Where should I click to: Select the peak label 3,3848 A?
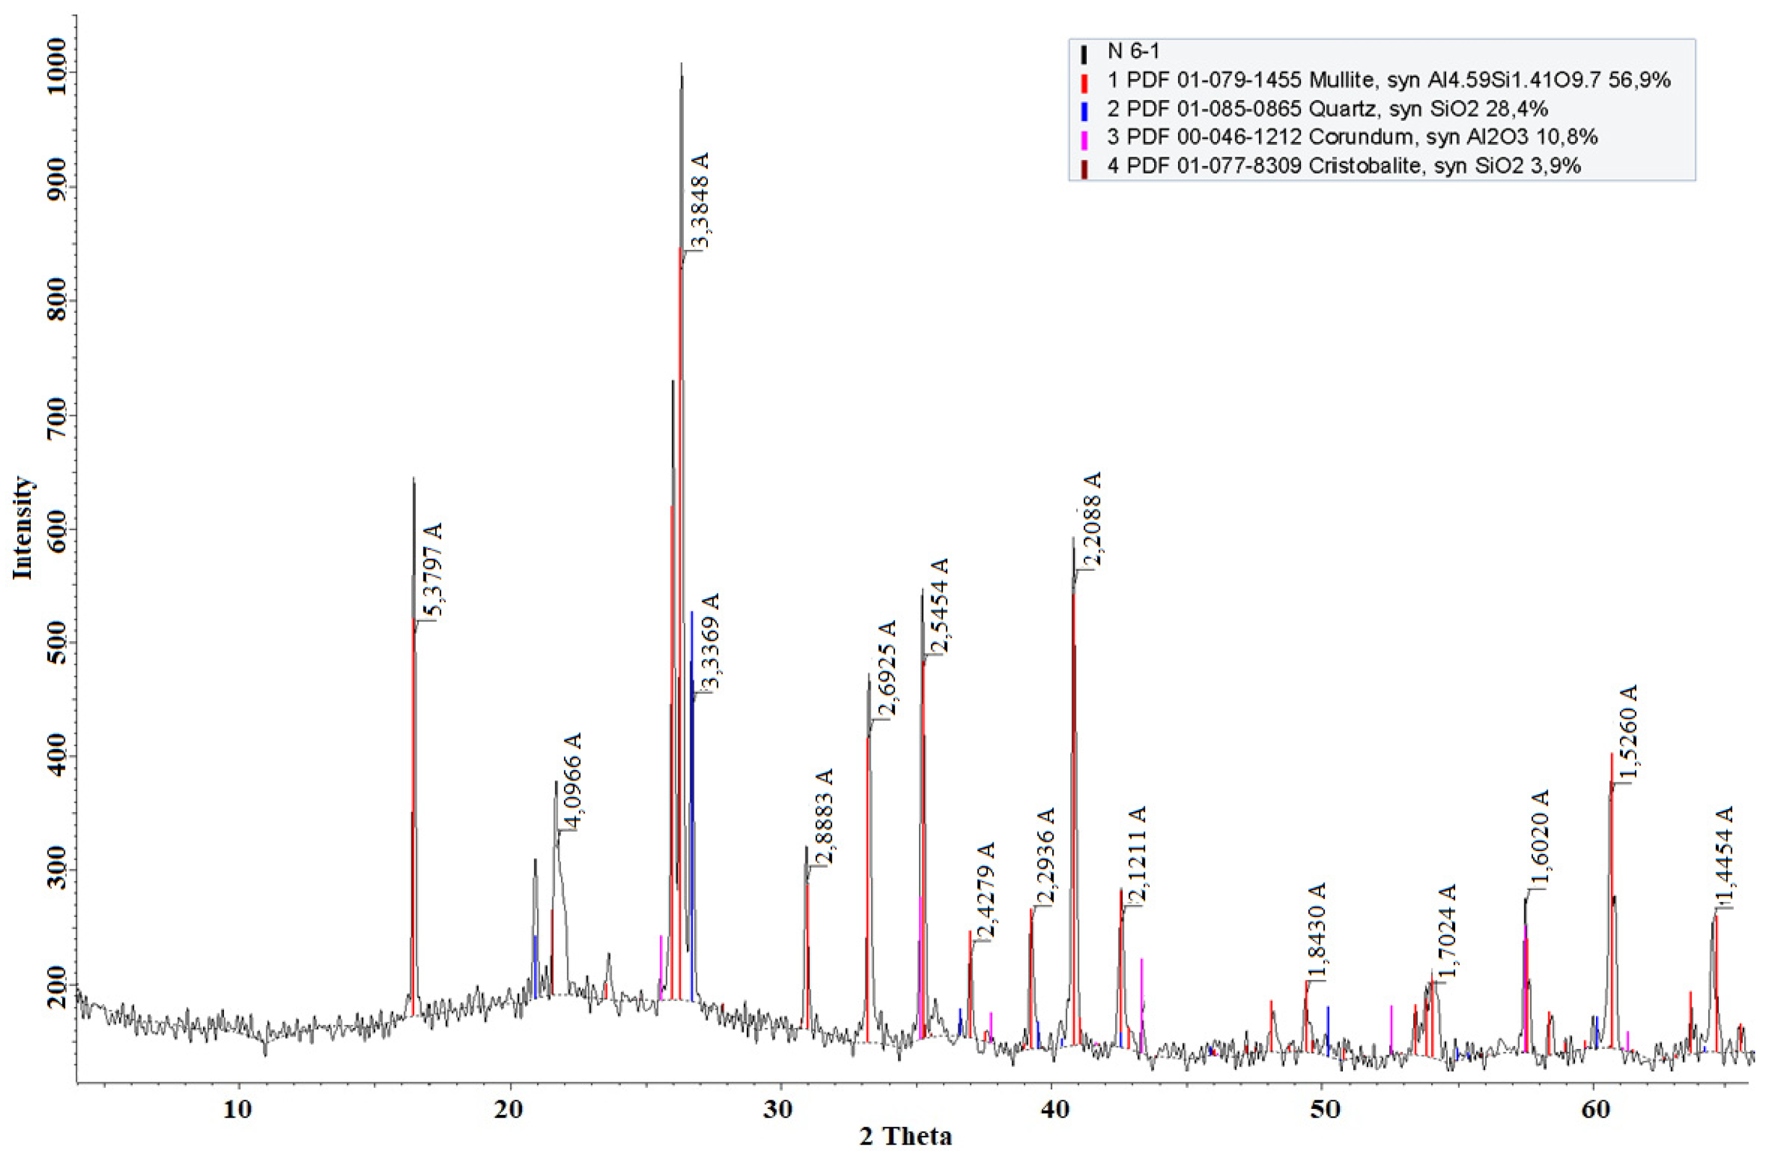(x=700, y=200)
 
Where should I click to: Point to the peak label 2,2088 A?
(x=1091, y=520)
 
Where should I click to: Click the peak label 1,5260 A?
(x=1629, y=733)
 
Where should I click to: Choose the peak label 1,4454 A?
(x=1723, y=859)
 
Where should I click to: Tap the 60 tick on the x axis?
(x=1592, y=1107)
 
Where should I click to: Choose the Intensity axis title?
(x=24, y=527)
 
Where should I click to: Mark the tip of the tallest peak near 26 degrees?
(x=681, y=64)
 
